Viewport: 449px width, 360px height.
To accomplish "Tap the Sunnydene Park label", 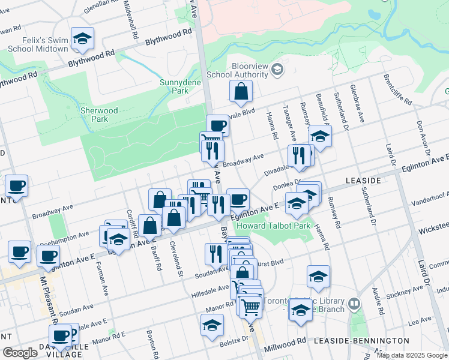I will pos(174,86).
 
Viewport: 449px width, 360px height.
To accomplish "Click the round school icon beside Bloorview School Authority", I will pos(277,70).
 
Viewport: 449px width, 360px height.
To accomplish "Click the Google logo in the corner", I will pos(20,353).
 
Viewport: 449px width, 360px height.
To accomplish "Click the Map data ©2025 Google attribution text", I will pos(412,355).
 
